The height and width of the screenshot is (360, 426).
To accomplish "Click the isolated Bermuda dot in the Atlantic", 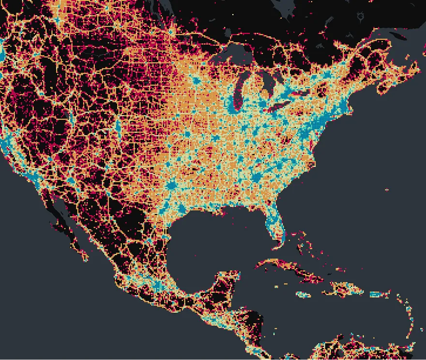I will [387, 189].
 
